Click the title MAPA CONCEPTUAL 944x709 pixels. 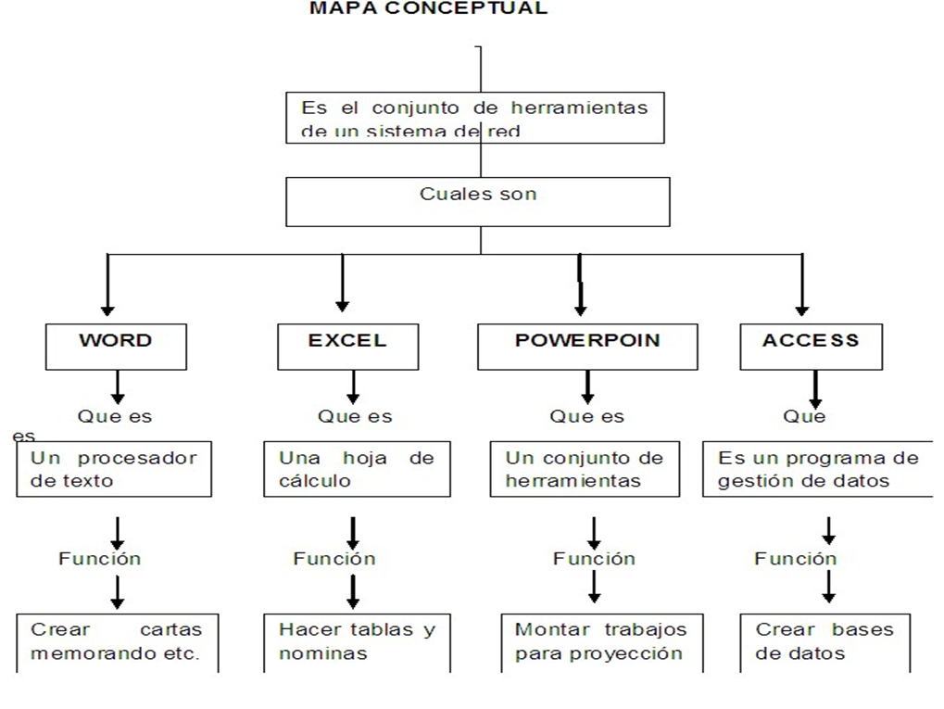pyautogui.click(x=428, y=8)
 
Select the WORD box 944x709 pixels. pyautogui.click(x=116, y=347)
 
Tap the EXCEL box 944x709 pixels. pyautogui.click(x=346, y=347)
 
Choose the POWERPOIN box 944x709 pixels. pyautogui.click(x=587, y=347)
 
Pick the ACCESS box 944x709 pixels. pyautogui.click(x=811, y=347)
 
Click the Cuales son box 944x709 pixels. pyautogui.click(x=477, y=201)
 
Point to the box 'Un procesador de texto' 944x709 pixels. pyautogui.click(x=114, y=469)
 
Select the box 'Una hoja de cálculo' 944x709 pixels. pyautogui.click(x=357, y=469)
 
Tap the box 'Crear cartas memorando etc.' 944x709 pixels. pyautogui.click(x=116, y=641)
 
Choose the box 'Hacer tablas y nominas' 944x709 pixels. pyautogui.click(x=357, y=641)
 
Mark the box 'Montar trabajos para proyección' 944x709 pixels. pyautogui.click(x=601, y=641)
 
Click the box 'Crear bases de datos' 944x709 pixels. pyautogui.click(x=824, y=641)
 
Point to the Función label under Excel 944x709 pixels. pyautogui.click(x=334, y=559)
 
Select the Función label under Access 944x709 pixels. pyautogui.click(x=795, y=559)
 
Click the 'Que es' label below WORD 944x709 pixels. pyautogui.click(x=115, y=417)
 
